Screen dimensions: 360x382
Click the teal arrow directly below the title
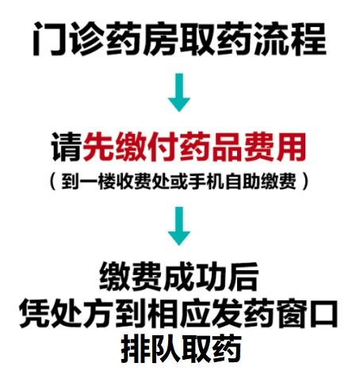coord(179,93)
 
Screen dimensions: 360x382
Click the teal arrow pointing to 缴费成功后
coord(179,226)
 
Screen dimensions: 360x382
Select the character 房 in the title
coord(161,39)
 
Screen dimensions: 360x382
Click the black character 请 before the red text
coord(67,147)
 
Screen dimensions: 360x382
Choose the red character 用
coord(291,147)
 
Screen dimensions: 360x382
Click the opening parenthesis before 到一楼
coord(53,181)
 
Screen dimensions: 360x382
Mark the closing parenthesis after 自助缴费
coord(305,181)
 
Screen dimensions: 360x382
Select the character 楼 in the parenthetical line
coord(107,181)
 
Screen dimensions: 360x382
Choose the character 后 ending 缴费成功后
coord(243,277)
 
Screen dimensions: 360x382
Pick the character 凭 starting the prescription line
coord(35,313)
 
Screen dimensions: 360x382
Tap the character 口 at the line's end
coord(323,313)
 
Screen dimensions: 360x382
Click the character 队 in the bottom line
coord(166,349)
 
